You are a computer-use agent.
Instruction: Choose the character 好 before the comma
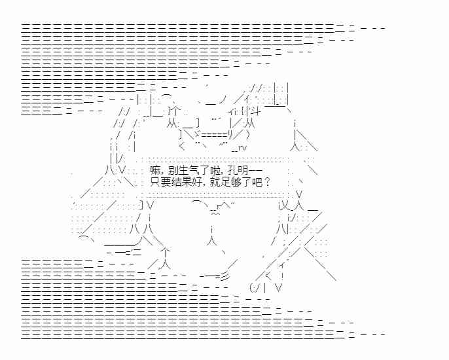click(196, 181)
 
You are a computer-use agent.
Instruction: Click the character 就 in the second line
click(212, 181)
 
